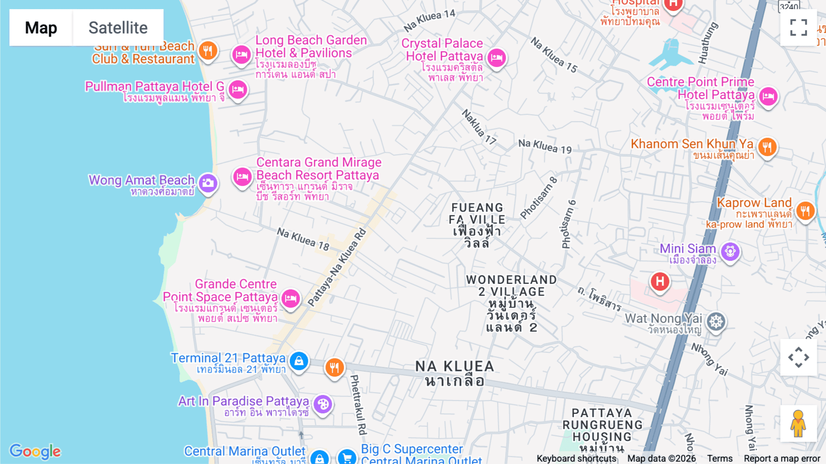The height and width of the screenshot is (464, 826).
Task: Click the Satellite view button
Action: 118,28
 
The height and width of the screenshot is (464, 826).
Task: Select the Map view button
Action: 41,28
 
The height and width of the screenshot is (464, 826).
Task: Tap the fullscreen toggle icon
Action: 798,28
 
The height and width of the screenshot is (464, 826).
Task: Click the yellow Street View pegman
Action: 798,423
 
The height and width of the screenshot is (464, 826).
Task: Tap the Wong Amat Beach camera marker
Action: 208,183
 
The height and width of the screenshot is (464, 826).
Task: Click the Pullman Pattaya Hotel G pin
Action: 238,89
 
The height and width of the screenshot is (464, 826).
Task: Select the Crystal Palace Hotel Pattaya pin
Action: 497,58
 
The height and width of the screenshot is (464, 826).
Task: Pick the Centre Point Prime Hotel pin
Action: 768,96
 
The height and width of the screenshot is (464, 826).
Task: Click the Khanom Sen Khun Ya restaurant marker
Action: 767,147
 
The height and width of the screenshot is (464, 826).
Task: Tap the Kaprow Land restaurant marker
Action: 805,211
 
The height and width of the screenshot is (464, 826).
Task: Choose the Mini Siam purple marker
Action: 730,251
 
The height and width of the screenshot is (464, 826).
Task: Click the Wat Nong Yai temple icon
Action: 715,322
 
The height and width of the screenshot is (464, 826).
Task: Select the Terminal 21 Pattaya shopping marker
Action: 299,361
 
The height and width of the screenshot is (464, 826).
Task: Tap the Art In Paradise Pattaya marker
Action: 323,404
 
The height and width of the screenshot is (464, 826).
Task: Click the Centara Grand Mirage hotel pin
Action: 242,177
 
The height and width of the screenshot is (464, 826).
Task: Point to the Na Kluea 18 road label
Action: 303,239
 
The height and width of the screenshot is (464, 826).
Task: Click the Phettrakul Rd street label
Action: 358,404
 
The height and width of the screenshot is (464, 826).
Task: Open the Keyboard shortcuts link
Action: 576,458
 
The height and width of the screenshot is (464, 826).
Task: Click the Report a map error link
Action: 781,458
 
